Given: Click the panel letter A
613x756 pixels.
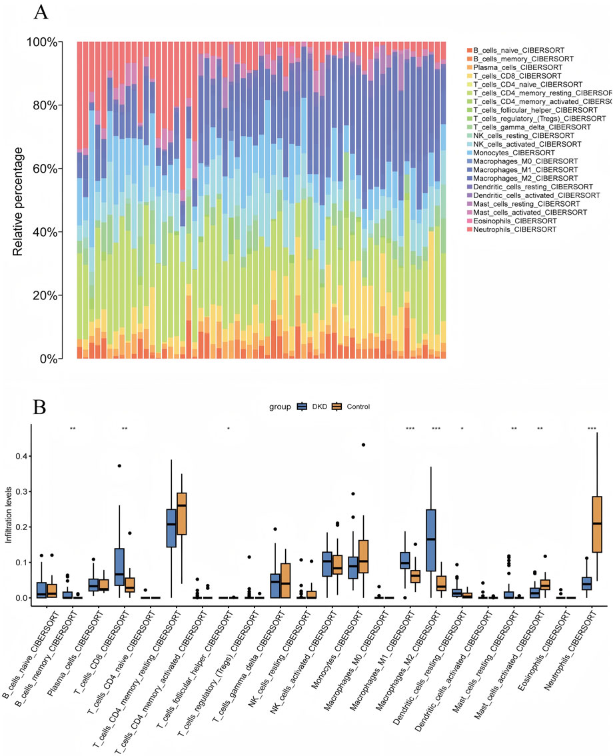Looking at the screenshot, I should point(41,11).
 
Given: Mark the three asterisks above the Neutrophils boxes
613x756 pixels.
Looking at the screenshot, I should point(592,428).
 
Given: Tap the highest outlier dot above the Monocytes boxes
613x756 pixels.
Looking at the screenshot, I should point(363,445).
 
